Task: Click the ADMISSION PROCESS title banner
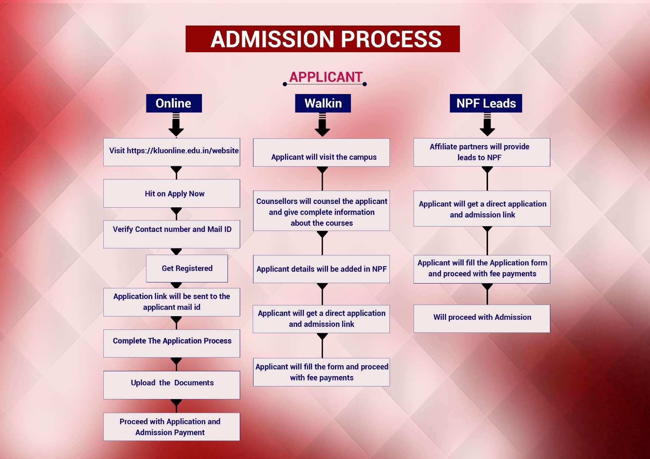pyautogui.click(x=322, y=39)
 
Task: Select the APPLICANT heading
pyautogui.click(x=325, y=77)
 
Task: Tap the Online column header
pyautogui.click(x=173, y=103)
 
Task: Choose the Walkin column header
pyautogui.click(x=323, y=103)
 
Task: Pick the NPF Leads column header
pyautogui.click(x=486, y=103)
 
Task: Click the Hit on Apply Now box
pyautogui.click(x=172, y=194)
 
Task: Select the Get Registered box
pyautogui.click(x=187, y=268)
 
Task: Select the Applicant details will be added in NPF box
pyautogui.click(x=321, y=269)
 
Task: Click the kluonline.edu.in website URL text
pyautogui.click(x=183, y=151)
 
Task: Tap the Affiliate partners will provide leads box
pyautogui.click(x=482, y=152)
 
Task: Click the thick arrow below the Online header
pyautogui.click(x=176, y=125)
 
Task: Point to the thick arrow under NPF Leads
pyautogui.click(x=487, y=125)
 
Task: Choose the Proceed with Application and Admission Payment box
pyautogui.click(x=172, y=427)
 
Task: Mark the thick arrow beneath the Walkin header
pyautogui.click(x=322, y=125)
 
